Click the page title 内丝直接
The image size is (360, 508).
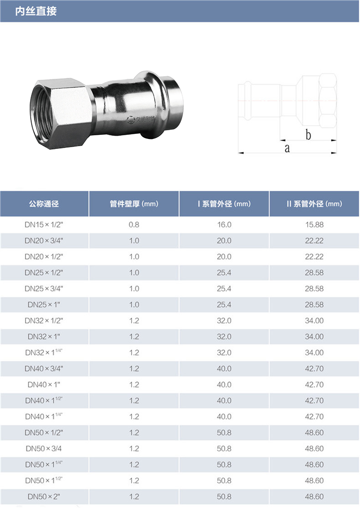36,11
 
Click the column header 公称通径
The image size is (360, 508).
44,204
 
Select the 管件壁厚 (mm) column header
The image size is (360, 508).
134,204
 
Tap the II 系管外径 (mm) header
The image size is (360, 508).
314,204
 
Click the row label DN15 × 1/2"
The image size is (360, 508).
44,225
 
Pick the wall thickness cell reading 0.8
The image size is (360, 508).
134,225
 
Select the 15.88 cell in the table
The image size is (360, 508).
314,225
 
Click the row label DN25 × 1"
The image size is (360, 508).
44,304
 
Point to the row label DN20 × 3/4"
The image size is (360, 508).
44,241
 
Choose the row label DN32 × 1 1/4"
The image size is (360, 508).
44,352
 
